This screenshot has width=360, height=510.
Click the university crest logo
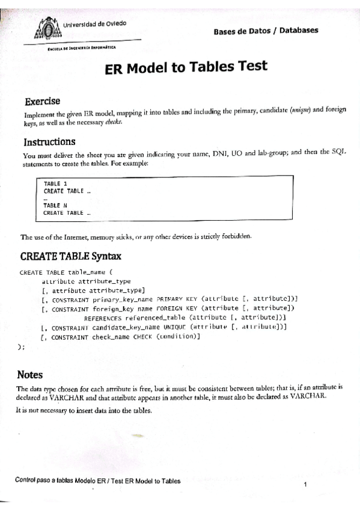(46, 27)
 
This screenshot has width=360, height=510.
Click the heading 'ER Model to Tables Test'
(186, 67)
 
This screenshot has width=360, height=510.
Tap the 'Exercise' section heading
(41, 100)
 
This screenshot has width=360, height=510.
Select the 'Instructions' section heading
(49, 142)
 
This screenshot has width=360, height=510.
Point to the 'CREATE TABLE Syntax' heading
(71, 256)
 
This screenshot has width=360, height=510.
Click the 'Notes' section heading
(29, 375)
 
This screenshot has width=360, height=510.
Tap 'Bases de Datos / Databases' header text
(266, 31)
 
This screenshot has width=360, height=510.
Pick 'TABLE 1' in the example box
(55, 183)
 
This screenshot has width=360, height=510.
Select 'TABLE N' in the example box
(55, 205)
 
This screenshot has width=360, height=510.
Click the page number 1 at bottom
(306, 485)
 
